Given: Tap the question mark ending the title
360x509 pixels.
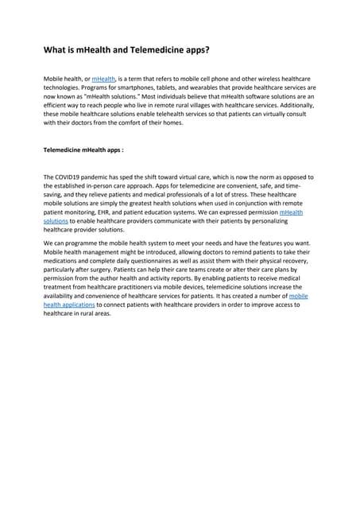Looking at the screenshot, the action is coord(209,50).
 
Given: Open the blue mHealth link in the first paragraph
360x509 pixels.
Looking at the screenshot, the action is coord(103,80).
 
